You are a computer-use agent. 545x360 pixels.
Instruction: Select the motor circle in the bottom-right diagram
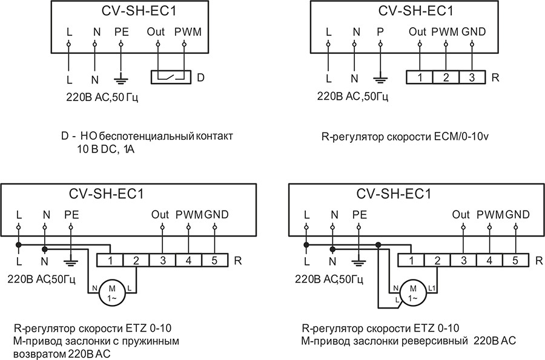pos(413,292)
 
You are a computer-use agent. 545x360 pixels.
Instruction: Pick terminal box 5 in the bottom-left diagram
pos(214,261)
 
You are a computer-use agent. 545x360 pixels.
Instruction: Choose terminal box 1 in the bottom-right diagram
pos(411,261)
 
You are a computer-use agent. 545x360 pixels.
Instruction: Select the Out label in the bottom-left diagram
pos(160,214)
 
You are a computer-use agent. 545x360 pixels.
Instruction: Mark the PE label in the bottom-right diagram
pos(360,214)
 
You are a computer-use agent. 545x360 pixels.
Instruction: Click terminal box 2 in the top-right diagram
pos(445,77)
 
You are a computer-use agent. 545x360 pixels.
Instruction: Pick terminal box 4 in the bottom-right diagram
pos(489,261)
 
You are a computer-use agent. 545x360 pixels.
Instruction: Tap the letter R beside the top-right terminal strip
pos(495,78)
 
